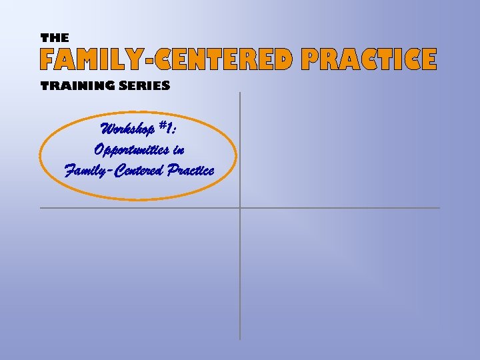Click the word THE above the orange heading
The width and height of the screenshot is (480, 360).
[x=55, y=38]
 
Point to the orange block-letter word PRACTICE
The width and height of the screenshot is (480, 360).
[x=369, y=60]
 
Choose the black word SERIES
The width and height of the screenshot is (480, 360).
[x=146, y=85]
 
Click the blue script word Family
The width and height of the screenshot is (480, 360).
[x=87, y=170]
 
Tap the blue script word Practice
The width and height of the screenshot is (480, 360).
[x=191, y=170]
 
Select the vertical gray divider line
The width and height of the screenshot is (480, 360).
[x=240, y=280]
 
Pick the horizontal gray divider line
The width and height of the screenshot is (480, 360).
[x=347, y=208]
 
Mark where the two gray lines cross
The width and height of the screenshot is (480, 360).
[x=240, y=208]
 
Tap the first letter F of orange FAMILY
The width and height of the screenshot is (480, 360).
[x=48, y=60]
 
